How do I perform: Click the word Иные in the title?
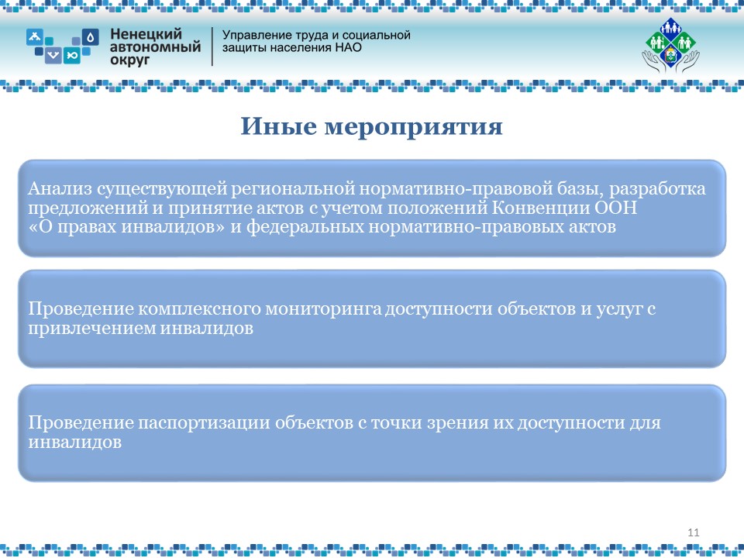[278, 126]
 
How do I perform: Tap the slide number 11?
[693, 532]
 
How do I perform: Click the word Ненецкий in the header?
[146, 34]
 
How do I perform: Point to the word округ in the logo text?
[129, 60]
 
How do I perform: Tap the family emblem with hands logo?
[670, 46]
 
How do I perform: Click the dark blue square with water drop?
[90, 37]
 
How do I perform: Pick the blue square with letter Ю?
[72, 55]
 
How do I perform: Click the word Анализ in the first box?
[60, 189]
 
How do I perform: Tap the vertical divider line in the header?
[212, 46]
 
